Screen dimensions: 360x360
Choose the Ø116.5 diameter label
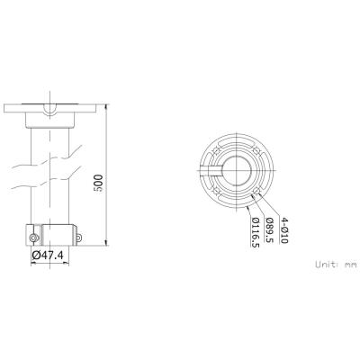click(255, 231)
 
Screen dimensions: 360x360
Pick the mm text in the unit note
click(350, 265)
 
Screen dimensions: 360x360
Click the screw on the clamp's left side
click(32, 238)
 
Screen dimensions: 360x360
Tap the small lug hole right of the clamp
click(78, 238)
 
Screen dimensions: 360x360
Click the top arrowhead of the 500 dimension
click(107, 106)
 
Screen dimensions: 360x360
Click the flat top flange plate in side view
click(50, 107)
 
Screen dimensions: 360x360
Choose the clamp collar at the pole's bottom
click(50, 234)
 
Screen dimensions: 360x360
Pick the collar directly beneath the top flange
click(50, 120)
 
